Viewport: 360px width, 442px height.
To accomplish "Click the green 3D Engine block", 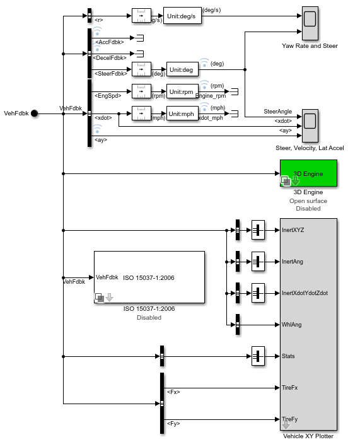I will click(308, 173).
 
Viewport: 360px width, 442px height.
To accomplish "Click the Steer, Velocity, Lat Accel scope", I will click(310, 125).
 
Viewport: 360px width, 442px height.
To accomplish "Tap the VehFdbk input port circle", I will click(35, 113).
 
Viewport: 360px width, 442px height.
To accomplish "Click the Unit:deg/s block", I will click(182, 16).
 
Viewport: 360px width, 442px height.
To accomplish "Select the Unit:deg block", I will click(182, 69).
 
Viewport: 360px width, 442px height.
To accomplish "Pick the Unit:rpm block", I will click(182, 92).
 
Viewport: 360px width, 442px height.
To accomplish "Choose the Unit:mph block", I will click(182, 114).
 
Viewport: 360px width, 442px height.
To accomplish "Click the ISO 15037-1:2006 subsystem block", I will click(149, 277).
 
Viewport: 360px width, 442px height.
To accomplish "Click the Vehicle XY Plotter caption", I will click(308, 436).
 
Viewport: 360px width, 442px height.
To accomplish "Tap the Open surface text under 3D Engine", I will click(308, 201).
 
